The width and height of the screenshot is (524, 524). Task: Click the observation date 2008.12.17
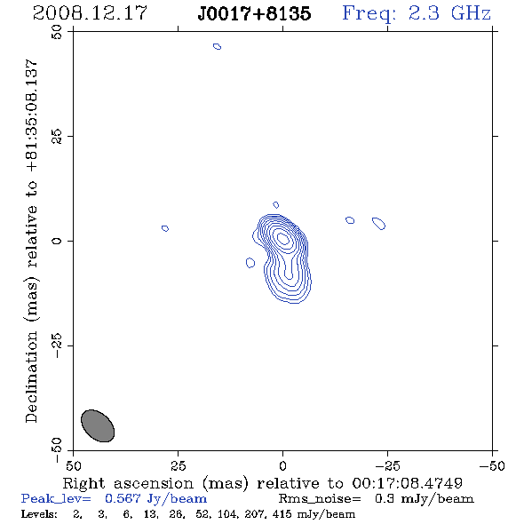click(x=90, y=13)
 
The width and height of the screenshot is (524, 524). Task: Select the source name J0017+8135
click(x=254, y=13)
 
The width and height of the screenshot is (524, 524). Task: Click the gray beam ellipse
click(x=98, y=425)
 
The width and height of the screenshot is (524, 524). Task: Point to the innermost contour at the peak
click(x=283, y=238)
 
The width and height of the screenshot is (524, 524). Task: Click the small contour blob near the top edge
click(x=218, y=46)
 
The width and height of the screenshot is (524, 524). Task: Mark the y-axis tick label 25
click(x=57, y=137)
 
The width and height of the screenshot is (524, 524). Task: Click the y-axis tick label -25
click(x=57, y=345)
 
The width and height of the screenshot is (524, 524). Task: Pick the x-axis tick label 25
click(x=178, y=465)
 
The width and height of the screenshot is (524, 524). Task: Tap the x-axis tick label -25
click(x=387, y=465)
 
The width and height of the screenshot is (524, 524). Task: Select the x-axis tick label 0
click(x=282, y=465)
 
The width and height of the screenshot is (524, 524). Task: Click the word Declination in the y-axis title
click(x=31, y=377)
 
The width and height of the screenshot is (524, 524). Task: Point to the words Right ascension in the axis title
click(x=128, y=483)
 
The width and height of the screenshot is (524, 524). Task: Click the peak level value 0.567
click(x=123, y=498)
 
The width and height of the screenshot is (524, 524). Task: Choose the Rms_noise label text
click(x=320, y=499)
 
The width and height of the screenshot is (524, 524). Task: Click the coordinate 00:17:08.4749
click(x=407, y=483)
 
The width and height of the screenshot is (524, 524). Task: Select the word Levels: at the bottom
click(x=39, y=513)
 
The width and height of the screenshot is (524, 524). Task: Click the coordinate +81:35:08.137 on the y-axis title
click(x=31, y=115)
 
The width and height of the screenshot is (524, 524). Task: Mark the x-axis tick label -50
click(x=492, y=465)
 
